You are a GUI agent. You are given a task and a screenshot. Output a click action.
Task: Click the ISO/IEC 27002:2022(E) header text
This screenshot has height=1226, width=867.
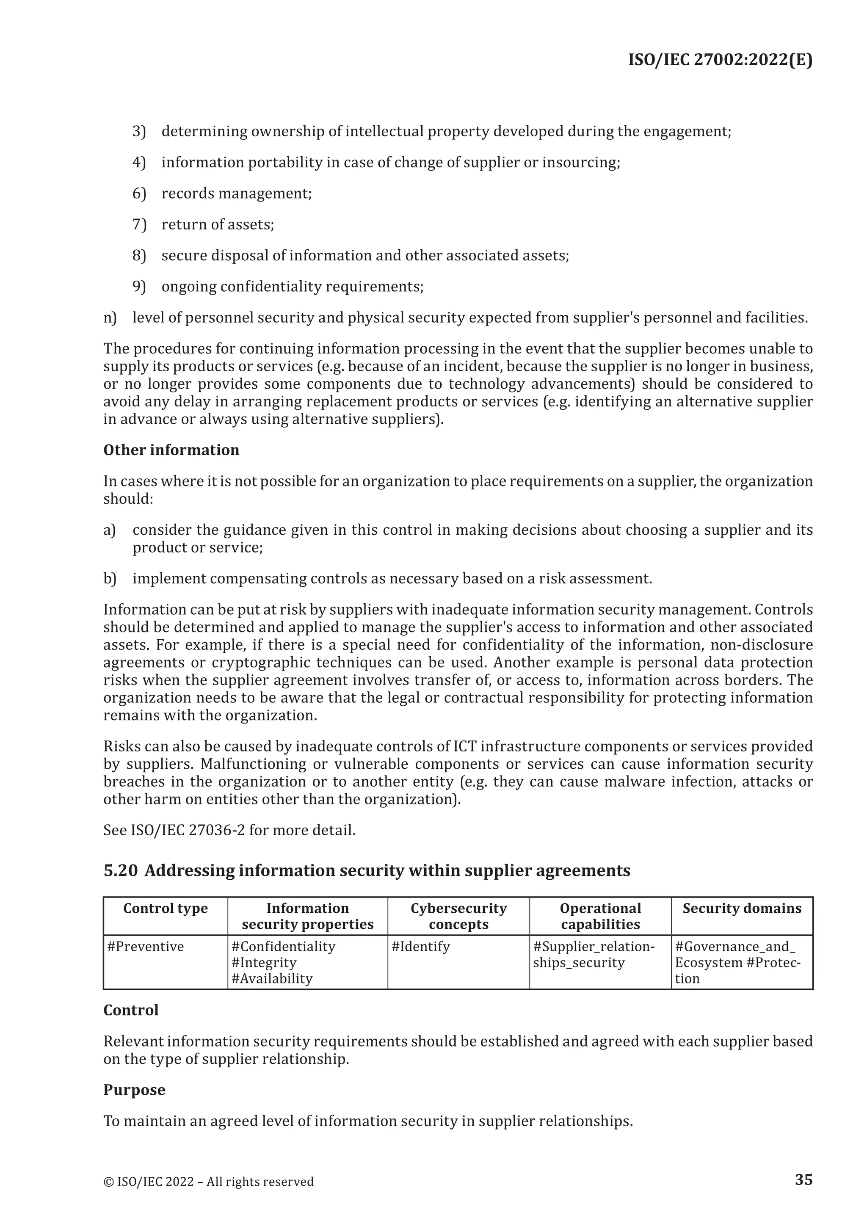click(720, 60)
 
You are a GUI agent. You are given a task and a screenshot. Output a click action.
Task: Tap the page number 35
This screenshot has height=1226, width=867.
click(803, 1179)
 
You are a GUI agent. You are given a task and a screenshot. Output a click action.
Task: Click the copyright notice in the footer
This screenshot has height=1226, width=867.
click(208, 1182)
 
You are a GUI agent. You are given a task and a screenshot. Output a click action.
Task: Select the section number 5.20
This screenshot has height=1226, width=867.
click(120, 871)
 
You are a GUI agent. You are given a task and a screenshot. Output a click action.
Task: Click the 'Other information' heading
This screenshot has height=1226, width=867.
click(171, 450)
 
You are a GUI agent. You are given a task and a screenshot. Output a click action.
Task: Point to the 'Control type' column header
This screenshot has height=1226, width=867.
click(166, 908)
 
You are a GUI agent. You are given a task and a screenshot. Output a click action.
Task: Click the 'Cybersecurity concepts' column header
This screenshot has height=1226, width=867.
click(458, 916)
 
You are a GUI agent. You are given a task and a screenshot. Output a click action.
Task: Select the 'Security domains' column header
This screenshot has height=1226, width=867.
click(742, 908)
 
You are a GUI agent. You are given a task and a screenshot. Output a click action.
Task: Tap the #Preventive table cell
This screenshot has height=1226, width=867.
click(145, 947)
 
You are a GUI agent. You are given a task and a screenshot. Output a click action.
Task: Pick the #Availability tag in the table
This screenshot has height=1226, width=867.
click(272, 979)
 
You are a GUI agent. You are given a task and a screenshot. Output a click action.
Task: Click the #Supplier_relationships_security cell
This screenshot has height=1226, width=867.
click(593, 955)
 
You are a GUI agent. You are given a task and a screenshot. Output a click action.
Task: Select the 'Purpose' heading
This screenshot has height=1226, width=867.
click(134, 1090)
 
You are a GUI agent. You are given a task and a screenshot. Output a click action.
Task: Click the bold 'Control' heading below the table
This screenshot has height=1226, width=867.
click(131, 1010)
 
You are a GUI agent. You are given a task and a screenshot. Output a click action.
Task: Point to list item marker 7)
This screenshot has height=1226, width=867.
click(139, 224)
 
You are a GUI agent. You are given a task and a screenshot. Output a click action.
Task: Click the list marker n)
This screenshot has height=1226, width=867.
click(110, 318)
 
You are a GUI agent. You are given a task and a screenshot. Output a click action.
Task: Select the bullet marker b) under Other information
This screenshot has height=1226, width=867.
click(110, 579)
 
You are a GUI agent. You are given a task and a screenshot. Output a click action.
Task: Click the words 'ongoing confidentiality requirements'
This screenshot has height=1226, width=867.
click(292, 287)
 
